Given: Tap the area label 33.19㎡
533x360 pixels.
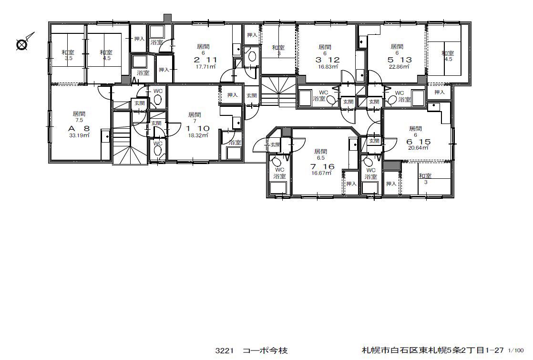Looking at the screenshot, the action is (79, 135).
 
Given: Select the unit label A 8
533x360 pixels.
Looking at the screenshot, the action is (79, 128).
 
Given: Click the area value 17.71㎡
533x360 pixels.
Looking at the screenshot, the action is (205, 67).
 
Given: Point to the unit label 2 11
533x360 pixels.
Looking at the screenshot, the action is (205, 60).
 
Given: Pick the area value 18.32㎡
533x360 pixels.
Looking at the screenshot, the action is (198, 135).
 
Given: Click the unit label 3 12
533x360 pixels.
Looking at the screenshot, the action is (328, 60).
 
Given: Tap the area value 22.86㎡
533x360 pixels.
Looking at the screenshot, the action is (399, 67).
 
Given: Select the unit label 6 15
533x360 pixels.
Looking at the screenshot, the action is (419, 142).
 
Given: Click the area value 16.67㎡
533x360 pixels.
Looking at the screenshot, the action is (322, 173).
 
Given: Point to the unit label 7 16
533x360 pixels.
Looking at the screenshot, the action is (322, 166).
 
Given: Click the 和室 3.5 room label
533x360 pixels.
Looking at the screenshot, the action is (68, 55).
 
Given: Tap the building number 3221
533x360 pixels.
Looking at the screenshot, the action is (225, 350).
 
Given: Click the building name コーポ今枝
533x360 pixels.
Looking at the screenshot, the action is (265, 350).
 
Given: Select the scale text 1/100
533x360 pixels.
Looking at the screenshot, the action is (516, 350).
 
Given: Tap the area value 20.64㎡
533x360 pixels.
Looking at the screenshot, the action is (418, 148).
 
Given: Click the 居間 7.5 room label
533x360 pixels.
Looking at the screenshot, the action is (79, 117).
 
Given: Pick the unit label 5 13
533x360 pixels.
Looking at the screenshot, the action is (400, 60).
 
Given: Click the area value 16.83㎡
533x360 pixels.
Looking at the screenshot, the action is (328, 67).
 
